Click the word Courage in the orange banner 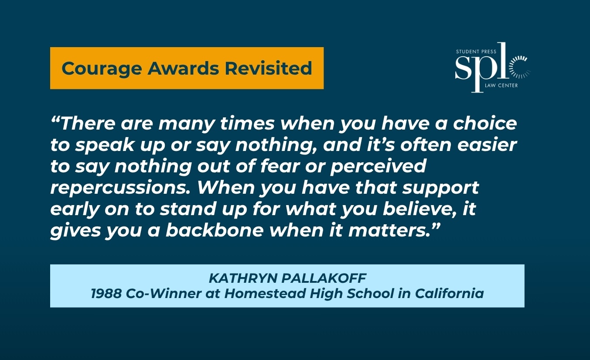(102, 69)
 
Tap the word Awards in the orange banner (183, 68)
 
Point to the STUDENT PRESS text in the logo (476, 51)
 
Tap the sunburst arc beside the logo (519, 68)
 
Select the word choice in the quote (485, 123)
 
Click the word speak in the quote (105, 145)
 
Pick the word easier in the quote (487, 145)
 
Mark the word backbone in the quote (215, 230)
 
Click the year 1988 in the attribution (106, 294)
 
